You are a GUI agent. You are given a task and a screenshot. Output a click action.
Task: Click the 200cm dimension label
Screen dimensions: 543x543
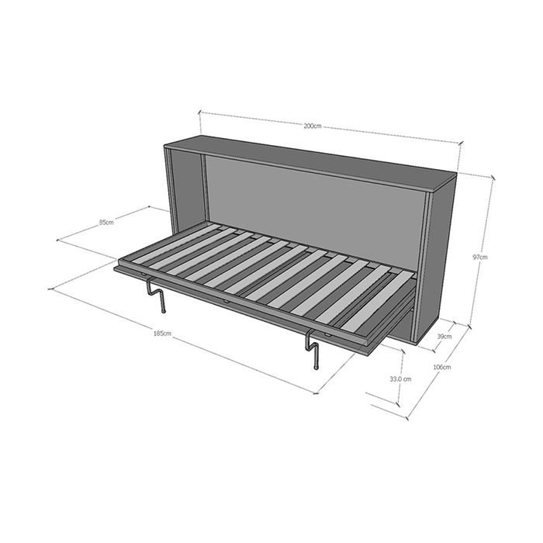[x=313, y=126]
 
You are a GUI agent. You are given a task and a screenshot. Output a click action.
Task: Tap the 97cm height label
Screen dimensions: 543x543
[x=482, y=257]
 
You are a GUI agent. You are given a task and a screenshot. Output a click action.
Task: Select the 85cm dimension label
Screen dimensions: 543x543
[x=106, y=223]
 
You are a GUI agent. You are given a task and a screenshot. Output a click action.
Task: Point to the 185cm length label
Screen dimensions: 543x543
[x=162, y=334]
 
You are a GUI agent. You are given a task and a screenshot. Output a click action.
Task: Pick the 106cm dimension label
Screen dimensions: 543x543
[x=442, y=367]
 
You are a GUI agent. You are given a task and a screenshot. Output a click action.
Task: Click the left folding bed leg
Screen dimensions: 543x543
[x=158, y=296]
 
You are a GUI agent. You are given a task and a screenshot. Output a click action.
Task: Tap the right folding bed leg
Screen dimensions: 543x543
[x=313, y=348]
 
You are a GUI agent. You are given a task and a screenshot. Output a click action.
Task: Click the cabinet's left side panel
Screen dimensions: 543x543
[x=185, y=186]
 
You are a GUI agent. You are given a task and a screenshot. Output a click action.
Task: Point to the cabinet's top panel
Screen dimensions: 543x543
[x=310, y=161]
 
